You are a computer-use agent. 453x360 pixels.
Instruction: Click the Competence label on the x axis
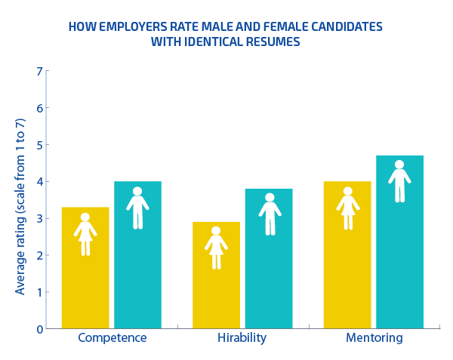tap(112, 337)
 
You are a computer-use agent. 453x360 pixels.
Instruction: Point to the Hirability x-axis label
tap(242, 337)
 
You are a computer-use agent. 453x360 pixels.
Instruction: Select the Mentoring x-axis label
tap(374, 337)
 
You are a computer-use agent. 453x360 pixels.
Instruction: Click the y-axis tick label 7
tap(39, 71)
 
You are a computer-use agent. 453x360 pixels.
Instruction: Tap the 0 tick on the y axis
tap(39, 329)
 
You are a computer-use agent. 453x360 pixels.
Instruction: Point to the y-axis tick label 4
tap(39, 182)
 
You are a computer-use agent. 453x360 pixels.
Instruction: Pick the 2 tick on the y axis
tap(39, 256)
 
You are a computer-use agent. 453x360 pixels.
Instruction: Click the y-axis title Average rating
tap(20, 201)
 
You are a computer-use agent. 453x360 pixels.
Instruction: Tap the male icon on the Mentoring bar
tap(399, 181)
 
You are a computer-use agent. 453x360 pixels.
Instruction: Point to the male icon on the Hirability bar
tap(270, 214)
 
